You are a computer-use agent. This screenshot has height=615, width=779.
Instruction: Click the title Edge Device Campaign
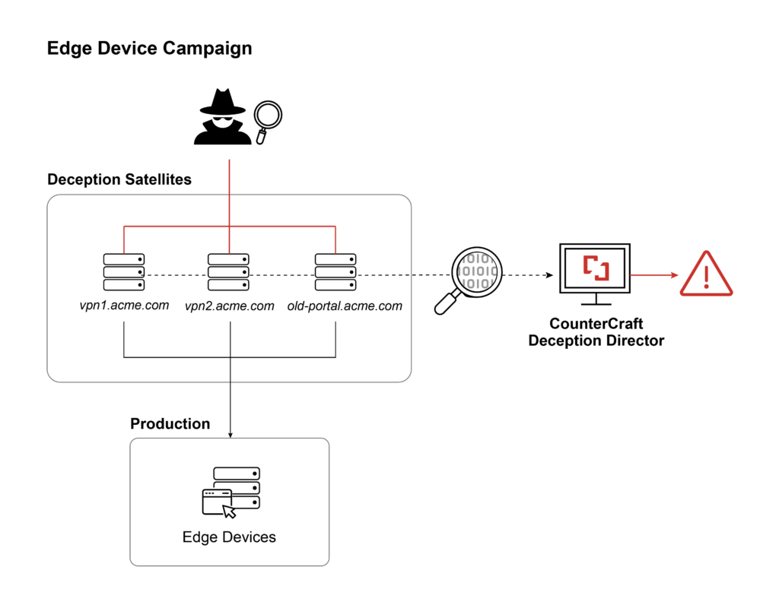[149, 49]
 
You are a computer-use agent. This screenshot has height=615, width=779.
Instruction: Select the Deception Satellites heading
[119, 179]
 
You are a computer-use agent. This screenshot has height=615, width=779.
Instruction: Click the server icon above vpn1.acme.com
[123, 272]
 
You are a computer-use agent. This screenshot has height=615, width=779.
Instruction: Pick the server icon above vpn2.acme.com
[229, 272]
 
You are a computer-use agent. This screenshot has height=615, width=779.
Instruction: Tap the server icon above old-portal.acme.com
[335, 272]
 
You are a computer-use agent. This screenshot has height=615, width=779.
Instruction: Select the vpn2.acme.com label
[229, 306]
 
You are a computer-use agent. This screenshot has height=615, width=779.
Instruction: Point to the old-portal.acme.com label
[345, 306]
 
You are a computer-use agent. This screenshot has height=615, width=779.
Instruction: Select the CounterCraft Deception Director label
[596, 333]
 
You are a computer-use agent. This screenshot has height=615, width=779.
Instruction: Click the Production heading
[170, 423]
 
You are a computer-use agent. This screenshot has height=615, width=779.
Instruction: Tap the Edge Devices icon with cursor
[231, 493]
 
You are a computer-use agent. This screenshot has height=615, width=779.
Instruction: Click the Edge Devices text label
[229, 537]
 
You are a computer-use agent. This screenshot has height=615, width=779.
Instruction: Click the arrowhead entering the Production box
[230, 434]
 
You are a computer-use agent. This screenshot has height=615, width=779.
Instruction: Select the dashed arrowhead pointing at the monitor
[548, 274]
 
